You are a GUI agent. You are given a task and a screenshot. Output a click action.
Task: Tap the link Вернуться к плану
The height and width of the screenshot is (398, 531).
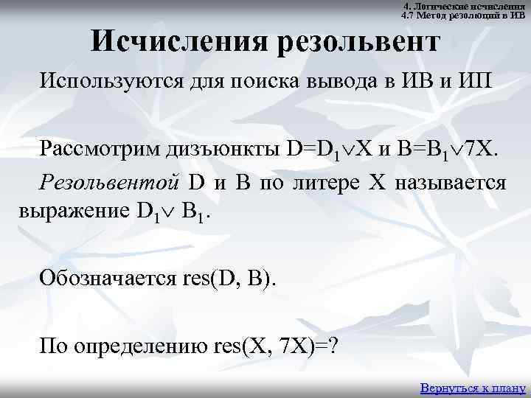[x=472, y=387]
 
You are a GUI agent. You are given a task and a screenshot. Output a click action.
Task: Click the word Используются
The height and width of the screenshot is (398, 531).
[x=103, y=80]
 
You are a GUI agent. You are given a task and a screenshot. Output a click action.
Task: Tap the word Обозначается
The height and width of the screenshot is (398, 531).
[x=105, y=278]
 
